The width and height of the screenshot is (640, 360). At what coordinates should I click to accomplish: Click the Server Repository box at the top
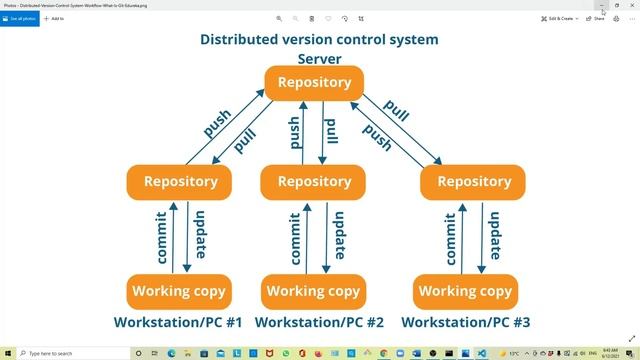click(x=313, y=82)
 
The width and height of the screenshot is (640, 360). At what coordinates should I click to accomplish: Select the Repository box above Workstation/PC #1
click(x=180, y=182)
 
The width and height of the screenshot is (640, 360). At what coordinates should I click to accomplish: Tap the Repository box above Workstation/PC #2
click(x=313, y=182)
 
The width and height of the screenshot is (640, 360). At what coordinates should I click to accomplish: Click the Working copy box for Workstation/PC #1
click(x=180, y=292)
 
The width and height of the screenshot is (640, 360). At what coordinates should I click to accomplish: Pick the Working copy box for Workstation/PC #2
click(x=313, y=292)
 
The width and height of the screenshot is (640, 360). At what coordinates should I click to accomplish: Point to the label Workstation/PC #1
click(x=179, y=322)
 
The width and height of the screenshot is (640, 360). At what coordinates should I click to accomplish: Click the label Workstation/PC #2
click(x=319, y=322)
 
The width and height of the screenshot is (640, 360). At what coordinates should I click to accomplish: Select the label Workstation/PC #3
click(x=466, y=322)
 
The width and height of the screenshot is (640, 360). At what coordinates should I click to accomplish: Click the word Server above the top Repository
click(x=319, y=59)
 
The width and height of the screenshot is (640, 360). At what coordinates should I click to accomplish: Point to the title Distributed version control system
click(x=319, y=40)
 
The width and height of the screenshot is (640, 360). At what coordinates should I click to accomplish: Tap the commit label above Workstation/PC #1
click(x=162, y=238)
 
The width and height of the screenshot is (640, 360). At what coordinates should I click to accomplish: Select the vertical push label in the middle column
click(x=295, y=133)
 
